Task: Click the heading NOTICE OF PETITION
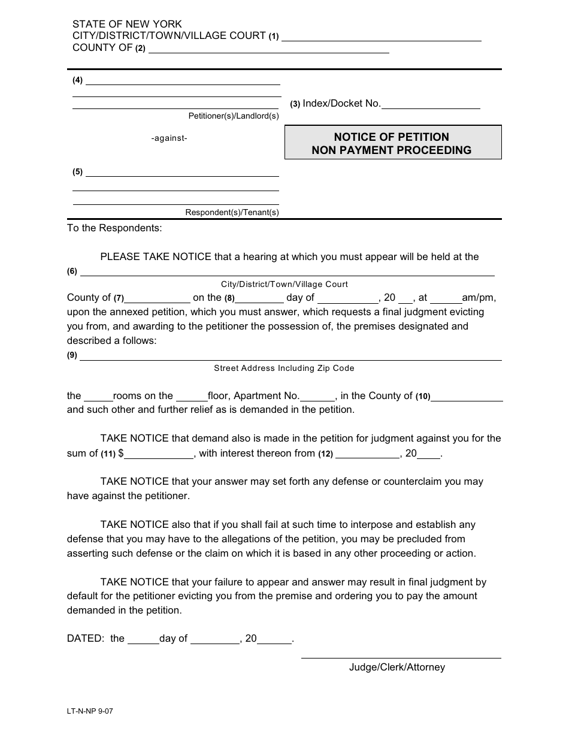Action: click(391, 137)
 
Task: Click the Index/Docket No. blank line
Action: click(431, 104)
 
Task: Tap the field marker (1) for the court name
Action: click(274, 37)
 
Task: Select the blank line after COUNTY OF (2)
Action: click(268, 49)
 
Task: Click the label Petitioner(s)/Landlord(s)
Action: click(234, 116)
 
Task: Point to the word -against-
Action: click(169, 138)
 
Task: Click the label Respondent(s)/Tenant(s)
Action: click(232, 212)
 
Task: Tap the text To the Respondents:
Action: click(114, 228)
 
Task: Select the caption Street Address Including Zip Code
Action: click(284, 369)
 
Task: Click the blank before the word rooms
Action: click(98, 397)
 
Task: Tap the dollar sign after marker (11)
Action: click(121, 454)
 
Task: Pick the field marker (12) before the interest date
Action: click(325, 454)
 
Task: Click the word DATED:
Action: click(86, 639)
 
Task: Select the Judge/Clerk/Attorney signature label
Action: click(397, 667)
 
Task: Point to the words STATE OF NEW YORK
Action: click(127, 25)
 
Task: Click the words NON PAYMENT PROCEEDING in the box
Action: click(391, 150)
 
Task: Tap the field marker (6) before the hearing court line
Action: click(72, 271)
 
